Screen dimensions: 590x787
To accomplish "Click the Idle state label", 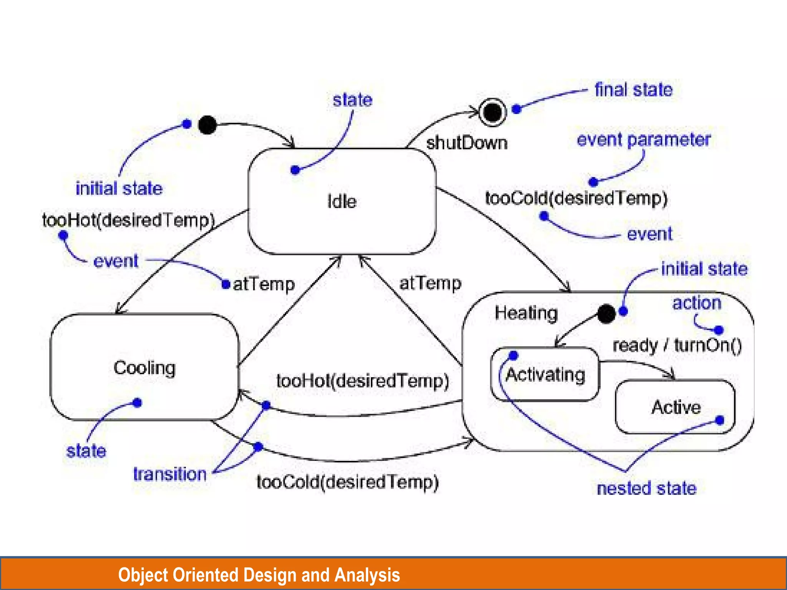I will point(342,202).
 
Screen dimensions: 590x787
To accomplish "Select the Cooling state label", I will point(144,368).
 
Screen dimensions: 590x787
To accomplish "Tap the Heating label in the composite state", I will point(526,313).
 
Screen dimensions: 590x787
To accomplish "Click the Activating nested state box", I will point(545,375).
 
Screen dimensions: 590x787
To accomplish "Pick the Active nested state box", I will point(675,407).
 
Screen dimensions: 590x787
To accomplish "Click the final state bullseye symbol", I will point(492,112).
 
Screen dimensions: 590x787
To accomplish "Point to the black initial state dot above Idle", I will point(208,125).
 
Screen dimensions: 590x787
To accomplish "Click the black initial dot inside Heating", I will point(606,314).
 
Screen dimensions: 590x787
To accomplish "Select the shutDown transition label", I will point(467,143).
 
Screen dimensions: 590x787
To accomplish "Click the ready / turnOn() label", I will point(677,345).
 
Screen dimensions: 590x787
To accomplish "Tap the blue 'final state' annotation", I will point(633,90).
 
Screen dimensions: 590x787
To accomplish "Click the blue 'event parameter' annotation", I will point(644,140).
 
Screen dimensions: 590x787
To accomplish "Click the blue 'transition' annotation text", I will point(170,474).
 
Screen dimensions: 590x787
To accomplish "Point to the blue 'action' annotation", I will point(696,303).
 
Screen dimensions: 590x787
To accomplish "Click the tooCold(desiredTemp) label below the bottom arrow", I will point(348,482).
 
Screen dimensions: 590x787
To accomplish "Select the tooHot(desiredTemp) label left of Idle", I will point(128,220).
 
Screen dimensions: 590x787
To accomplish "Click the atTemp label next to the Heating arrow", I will point(430,283).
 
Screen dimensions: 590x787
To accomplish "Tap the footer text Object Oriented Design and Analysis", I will point(259,575).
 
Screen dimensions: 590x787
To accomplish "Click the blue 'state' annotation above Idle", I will point(352,100).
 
